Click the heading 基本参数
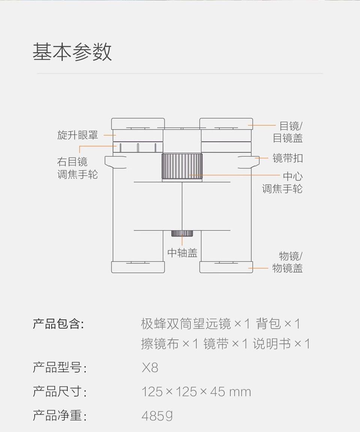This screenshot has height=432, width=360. pyautogui.click(x=72, y=52)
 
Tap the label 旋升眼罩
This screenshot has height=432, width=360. pyautogui.click(x=78, y=135)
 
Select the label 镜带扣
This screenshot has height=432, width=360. pyautogui.click(x=288, y=158)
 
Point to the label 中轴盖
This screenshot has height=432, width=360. pyautogui.click(x=182, y=253)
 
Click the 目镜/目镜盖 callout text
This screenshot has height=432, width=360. pyautogui.click(x=288, y=132)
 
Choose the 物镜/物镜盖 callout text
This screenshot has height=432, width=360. pyautogui.click(x=288, y=262)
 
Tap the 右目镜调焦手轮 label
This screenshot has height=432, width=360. pyautogui.click(x=78, y=168)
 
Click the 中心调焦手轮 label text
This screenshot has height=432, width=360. pyautogui.click(x=282, y=182)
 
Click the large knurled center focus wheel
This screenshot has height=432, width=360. pyautogui.click(x=182, y=166)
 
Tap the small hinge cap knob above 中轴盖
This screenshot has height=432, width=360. pyautogui.click(x=182, y=233)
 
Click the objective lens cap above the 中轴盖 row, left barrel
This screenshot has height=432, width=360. pyautogui.click(x=138, y=267)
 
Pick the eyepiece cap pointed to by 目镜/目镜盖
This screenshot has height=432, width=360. pyautogui.click(x=226, y=123)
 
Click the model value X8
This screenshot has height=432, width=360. pyautogui.click(x=150, y=368)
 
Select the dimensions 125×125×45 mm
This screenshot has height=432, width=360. pyautogui.click(x=196, y=392)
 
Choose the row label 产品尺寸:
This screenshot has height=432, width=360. pyautogui.click(x=60, y=392)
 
